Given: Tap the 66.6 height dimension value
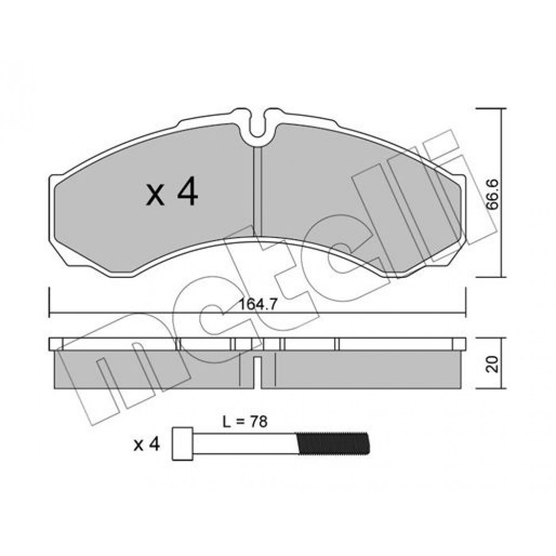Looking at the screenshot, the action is [493, 195].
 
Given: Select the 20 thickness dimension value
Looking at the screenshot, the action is [493, 364].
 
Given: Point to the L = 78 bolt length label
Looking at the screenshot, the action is [245, 421].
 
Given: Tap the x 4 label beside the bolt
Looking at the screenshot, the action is [147, 444].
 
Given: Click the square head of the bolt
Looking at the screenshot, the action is [182, 444].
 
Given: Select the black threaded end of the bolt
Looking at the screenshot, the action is [332, 443].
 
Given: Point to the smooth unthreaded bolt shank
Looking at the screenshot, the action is [245, 443].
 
